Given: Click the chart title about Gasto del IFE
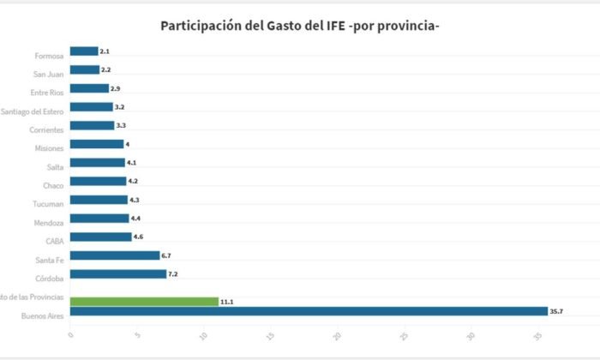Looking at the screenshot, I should pos(300,26).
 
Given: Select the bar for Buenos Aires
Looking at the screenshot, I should pos(309,311).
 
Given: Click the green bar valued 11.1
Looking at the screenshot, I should pos(144,302).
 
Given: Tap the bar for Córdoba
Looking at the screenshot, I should pos(118,274).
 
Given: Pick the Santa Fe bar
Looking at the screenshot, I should pos(115,255).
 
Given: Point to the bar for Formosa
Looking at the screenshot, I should pos(84,51).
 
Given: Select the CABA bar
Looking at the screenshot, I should pos(100,237).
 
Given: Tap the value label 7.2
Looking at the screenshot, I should pos(173,274).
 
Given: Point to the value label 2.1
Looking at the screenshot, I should pos(105,51).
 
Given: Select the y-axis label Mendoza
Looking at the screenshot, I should pos(48,223).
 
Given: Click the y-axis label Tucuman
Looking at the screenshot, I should pos(48,204).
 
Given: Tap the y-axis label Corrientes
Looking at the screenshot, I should pos(45,129).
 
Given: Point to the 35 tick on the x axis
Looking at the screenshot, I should pos(537,335).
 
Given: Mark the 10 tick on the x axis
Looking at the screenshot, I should pos(203,335).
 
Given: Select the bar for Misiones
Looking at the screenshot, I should pos(97,144).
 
